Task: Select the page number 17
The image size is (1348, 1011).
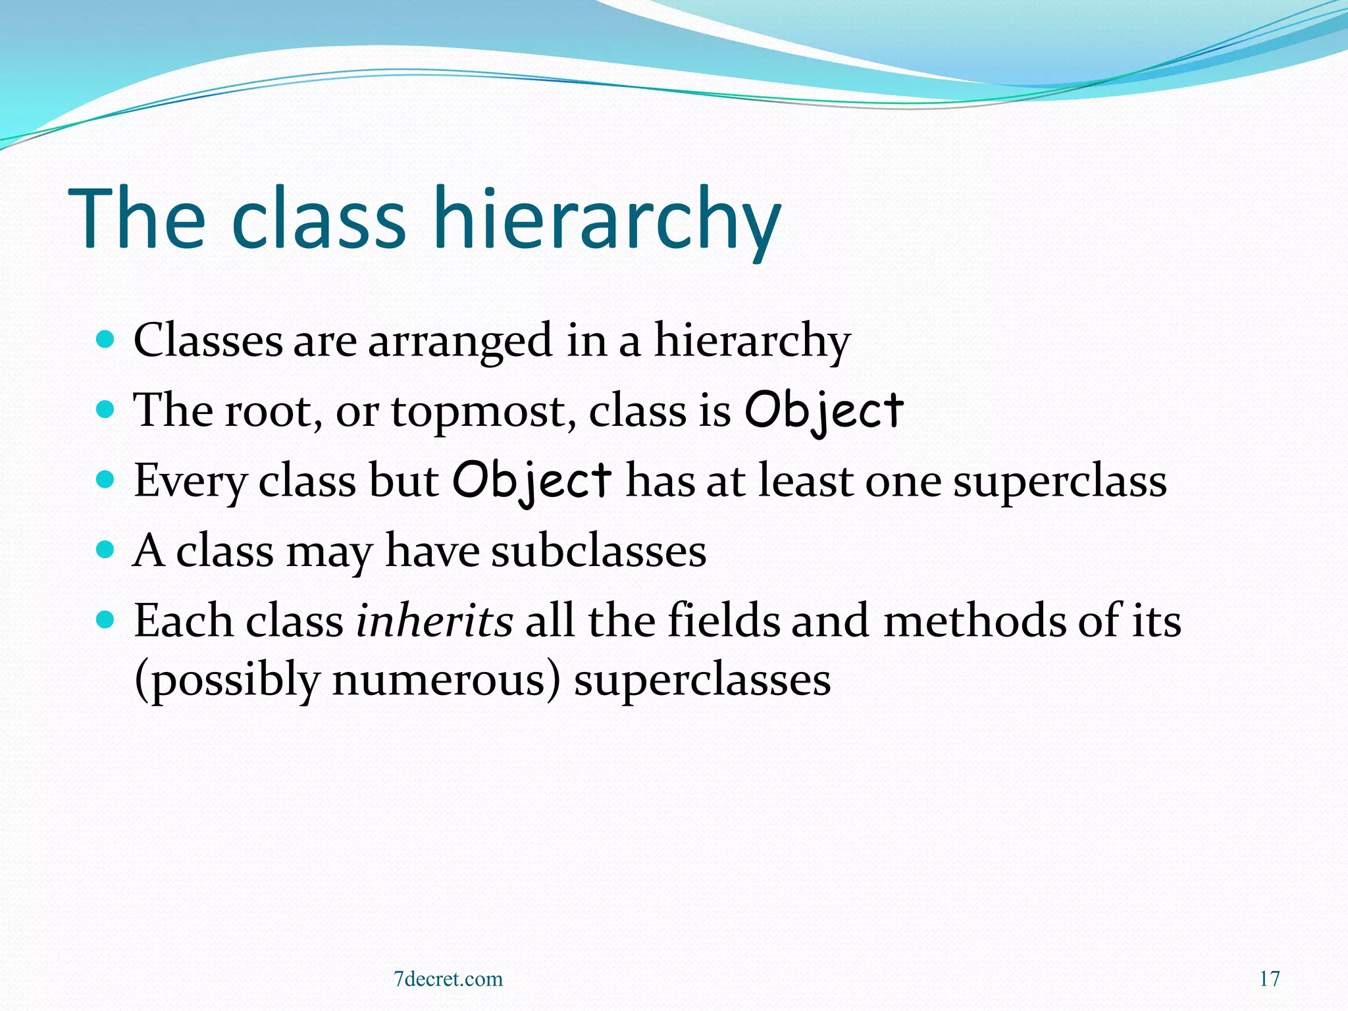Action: coord(1270,979)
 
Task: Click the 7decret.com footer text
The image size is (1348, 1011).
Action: coord(448,979)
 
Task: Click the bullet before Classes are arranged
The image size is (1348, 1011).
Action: coord(105,340)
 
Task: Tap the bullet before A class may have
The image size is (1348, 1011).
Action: coord(105,549)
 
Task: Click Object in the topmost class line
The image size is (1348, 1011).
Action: coord(823,411)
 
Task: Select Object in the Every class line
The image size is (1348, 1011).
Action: coord(532,480)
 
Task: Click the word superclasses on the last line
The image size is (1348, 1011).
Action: coord(702,679)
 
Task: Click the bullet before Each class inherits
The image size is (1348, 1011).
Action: coord(105,619)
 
